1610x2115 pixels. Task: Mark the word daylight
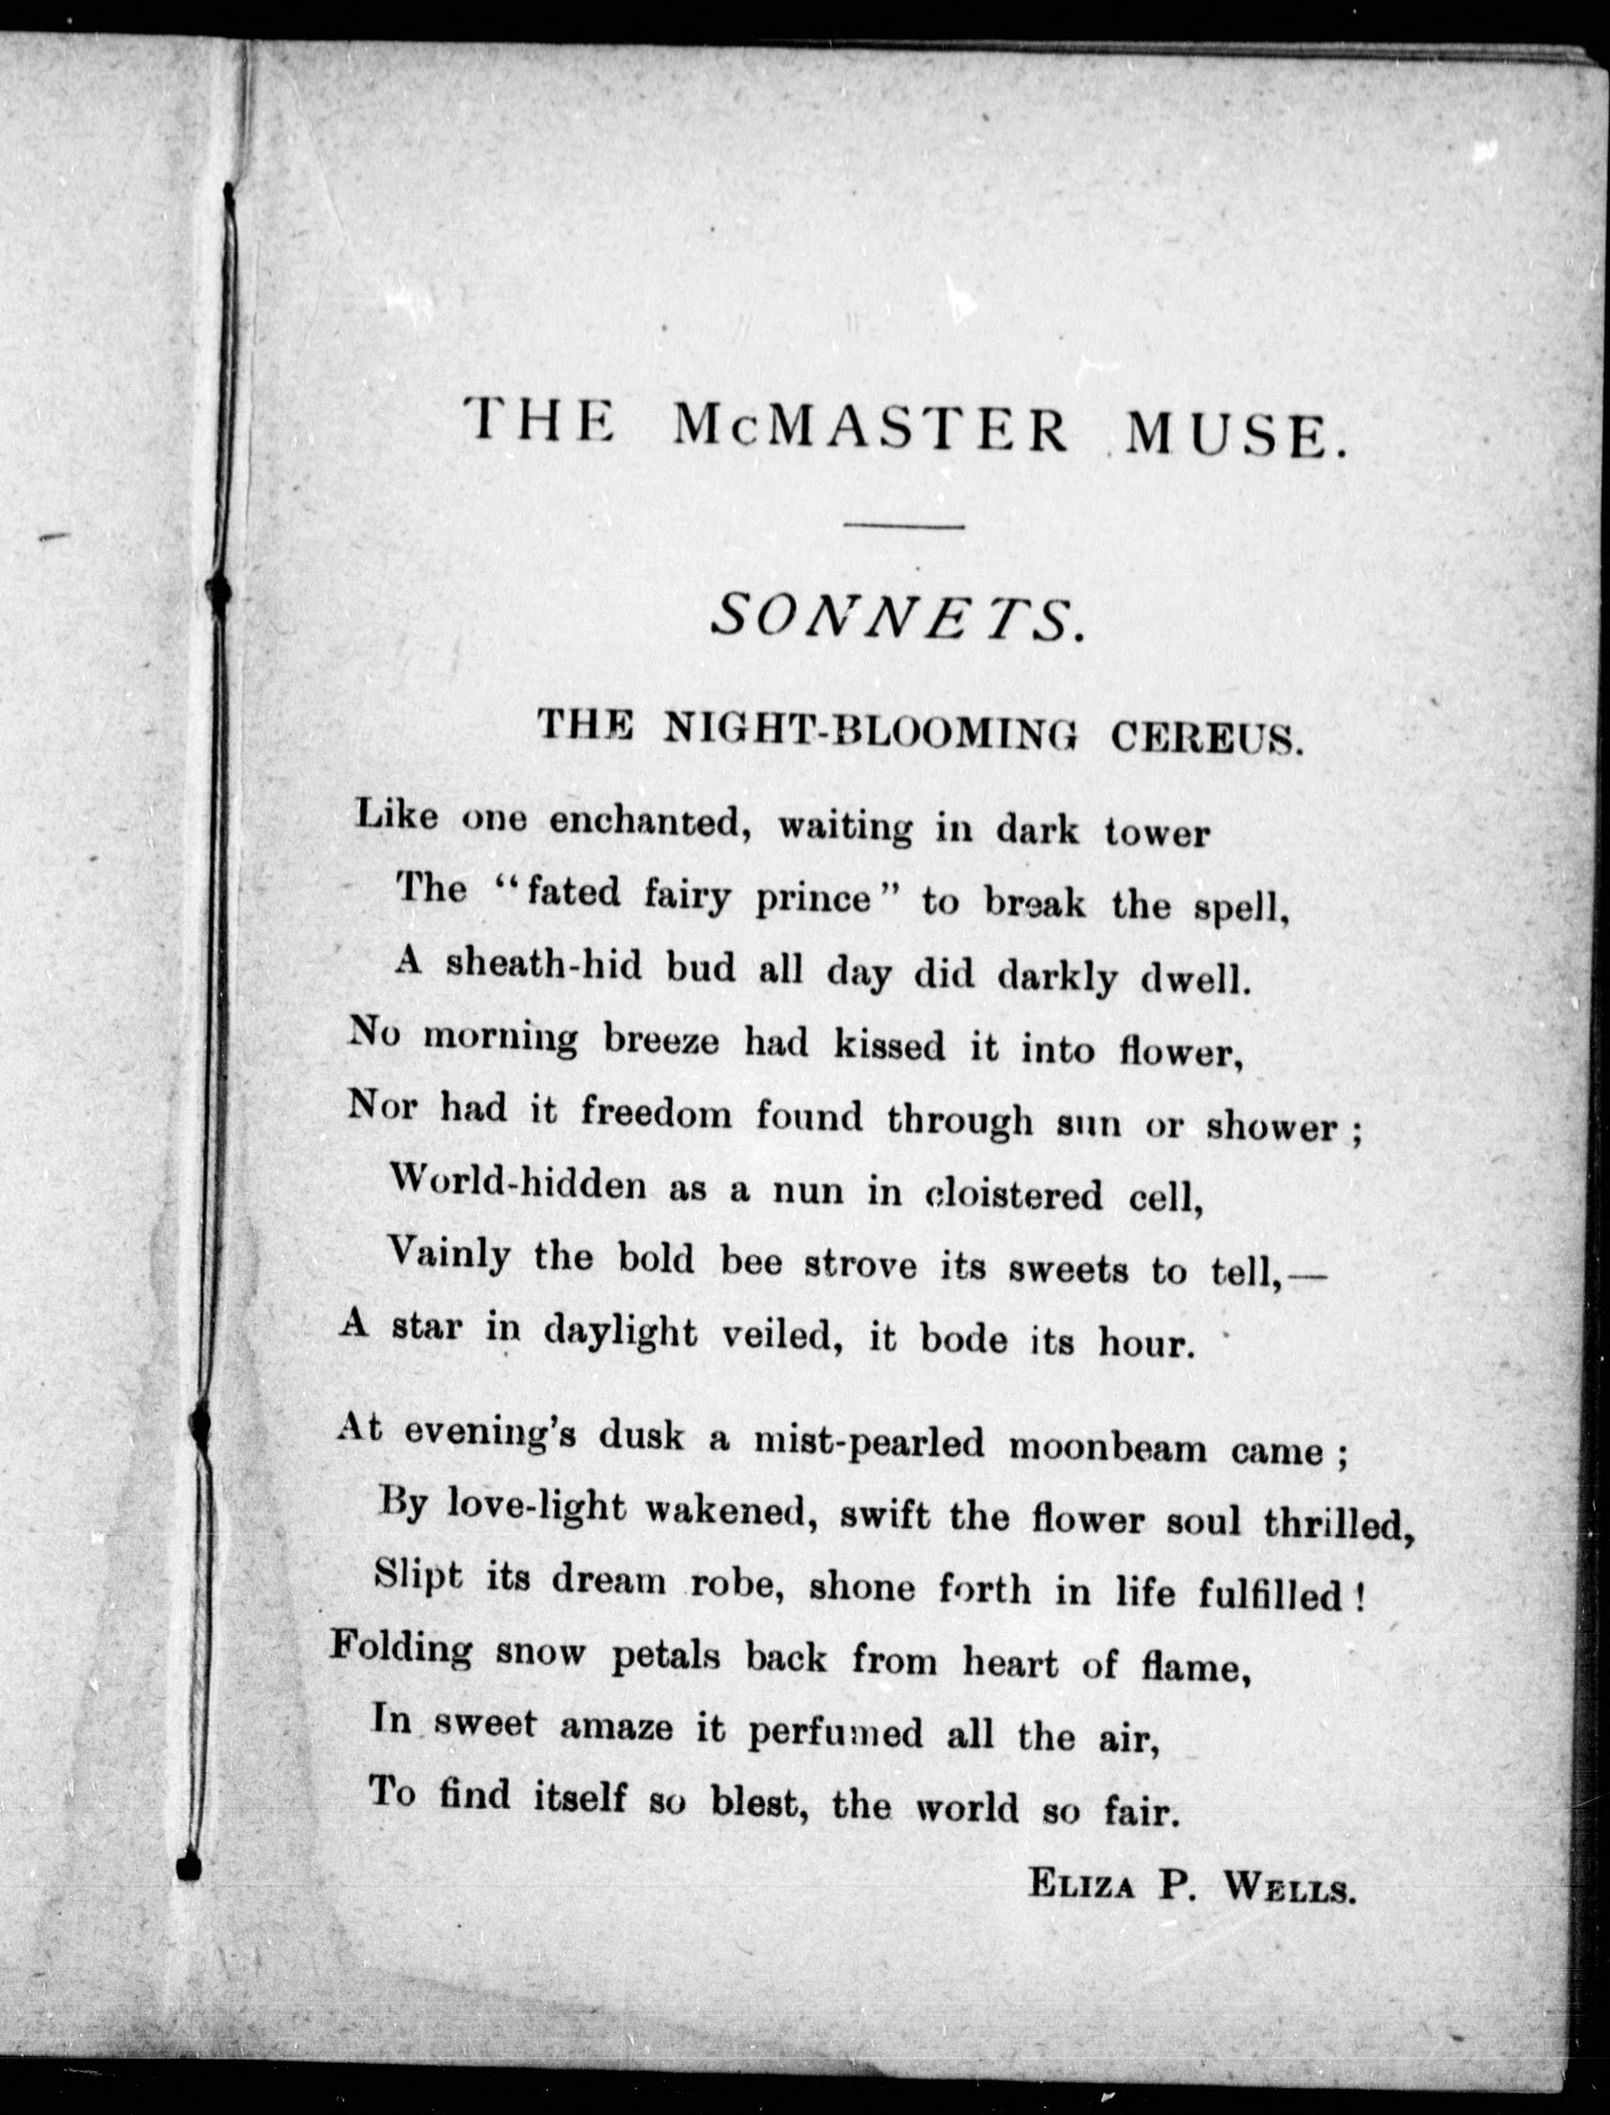(x=620, y=1331)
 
